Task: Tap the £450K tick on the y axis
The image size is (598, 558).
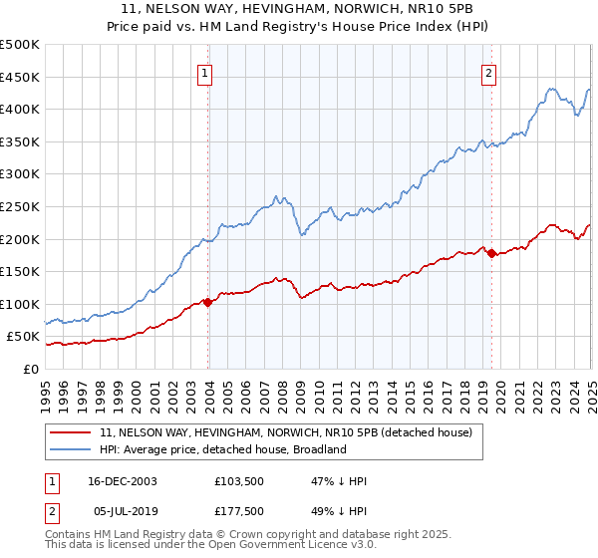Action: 20,77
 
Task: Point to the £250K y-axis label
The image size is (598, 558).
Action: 20,206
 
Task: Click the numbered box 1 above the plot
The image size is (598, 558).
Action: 204,72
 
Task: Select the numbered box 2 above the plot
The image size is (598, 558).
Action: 489,72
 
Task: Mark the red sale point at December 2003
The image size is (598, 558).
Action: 207,302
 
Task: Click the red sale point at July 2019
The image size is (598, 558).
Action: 491,254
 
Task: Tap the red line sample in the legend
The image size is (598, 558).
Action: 71,432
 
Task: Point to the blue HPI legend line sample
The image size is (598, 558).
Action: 71,449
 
